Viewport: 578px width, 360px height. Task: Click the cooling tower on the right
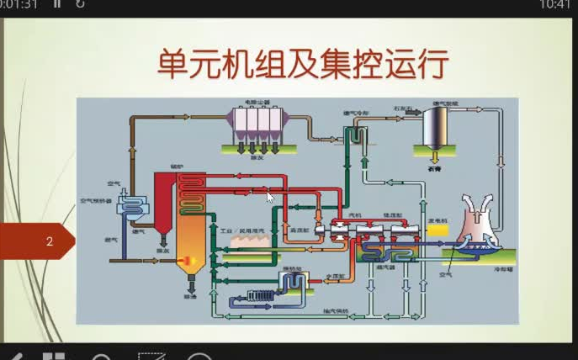pos(475,223)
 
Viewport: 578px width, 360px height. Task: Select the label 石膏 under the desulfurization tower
pos(434,167)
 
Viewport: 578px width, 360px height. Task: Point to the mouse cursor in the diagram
pos(270,198)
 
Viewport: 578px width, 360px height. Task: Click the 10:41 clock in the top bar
pos(554,5)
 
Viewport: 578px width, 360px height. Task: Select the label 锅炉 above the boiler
pos(177,167)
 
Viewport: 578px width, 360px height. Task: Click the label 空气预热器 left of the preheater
pos(95,201)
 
